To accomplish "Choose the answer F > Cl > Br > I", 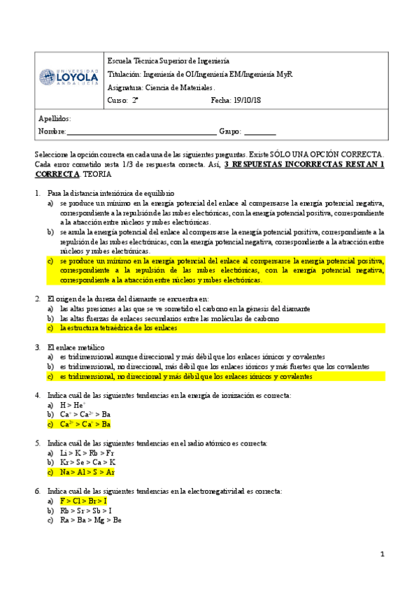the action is click(84, 501).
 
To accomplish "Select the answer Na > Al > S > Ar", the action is click(87, 472).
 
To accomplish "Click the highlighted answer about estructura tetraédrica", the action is click(118, 327).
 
